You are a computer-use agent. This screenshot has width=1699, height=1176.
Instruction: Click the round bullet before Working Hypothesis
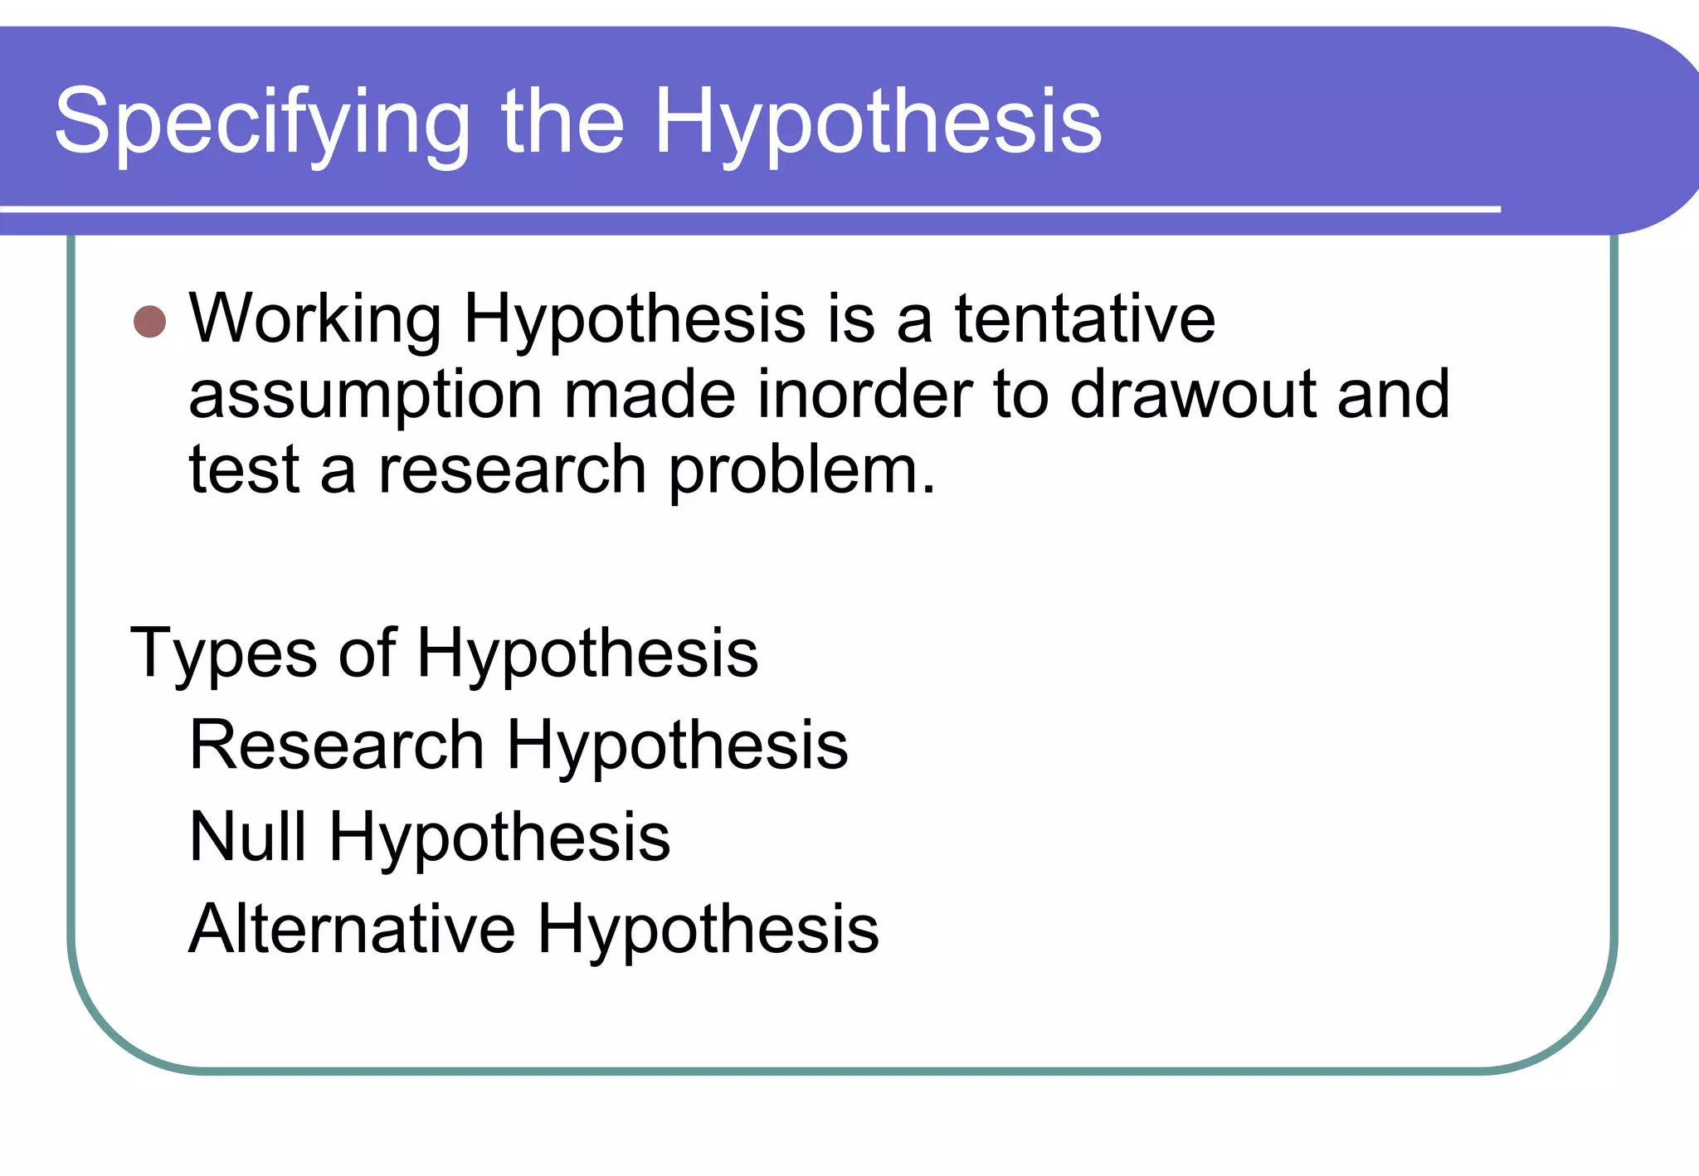[x=150, y=322]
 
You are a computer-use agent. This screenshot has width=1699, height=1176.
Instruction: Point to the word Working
[x=315, y=319]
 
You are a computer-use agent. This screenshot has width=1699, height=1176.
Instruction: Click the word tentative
[x=1084, y=318]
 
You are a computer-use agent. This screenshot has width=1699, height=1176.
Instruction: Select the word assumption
[x=365, y=396]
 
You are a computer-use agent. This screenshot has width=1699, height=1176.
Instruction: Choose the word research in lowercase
[x=512, y=469]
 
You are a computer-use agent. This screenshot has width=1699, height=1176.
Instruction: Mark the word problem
[x=801, y=471]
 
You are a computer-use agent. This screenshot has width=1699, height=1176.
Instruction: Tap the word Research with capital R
[x=337, y=745]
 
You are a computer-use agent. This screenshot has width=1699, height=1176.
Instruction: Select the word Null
[x=247, y=836]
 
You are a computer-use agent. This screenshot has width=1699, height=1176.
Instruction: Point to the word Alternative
[x=352, y=929]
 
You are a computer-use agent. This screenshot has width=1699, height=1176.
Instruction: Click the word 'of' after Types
[x=367, y=654]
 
